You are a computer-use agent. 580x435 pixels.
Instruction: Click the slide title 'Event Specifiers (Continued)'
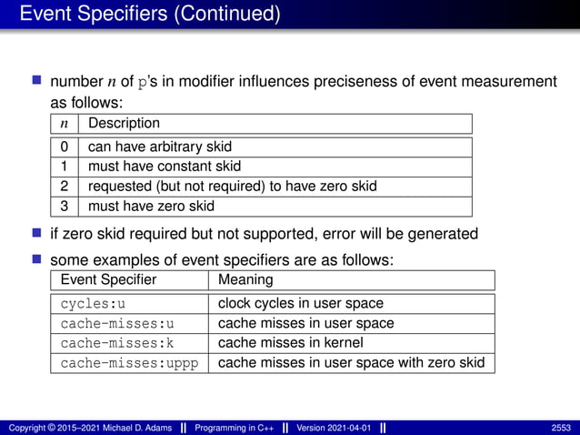[x=150, y=15]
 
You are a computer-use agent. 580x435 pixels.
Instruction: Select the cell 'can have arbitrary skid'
[x=159, y=147]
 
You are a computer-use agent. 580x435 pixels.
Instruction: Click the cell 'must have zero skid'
[x=151, y=206]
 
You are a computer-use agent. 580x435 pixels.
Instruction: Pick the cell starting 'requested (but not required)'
[x=232, y=187]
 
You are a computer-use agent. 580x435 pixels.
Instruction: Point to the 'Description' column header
[x=124, y=123]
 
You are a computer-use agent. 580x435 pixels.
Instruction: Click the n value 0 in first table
[x=64, y=147]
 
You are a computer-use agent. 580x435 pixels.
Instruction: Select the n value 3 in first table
[x=64, y=206]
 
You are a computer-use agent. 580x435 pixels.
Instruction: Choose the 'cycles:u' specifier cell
[x=94, y=303]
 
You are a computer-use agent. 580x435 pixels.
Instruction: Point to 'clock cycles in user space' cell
[x=301, y=303]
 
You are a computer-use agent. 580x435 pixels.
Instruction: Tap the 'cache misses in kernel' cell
[x=290, y=343]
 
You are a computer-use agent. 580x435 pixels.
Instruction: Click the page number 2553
[x=561, y=428]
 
